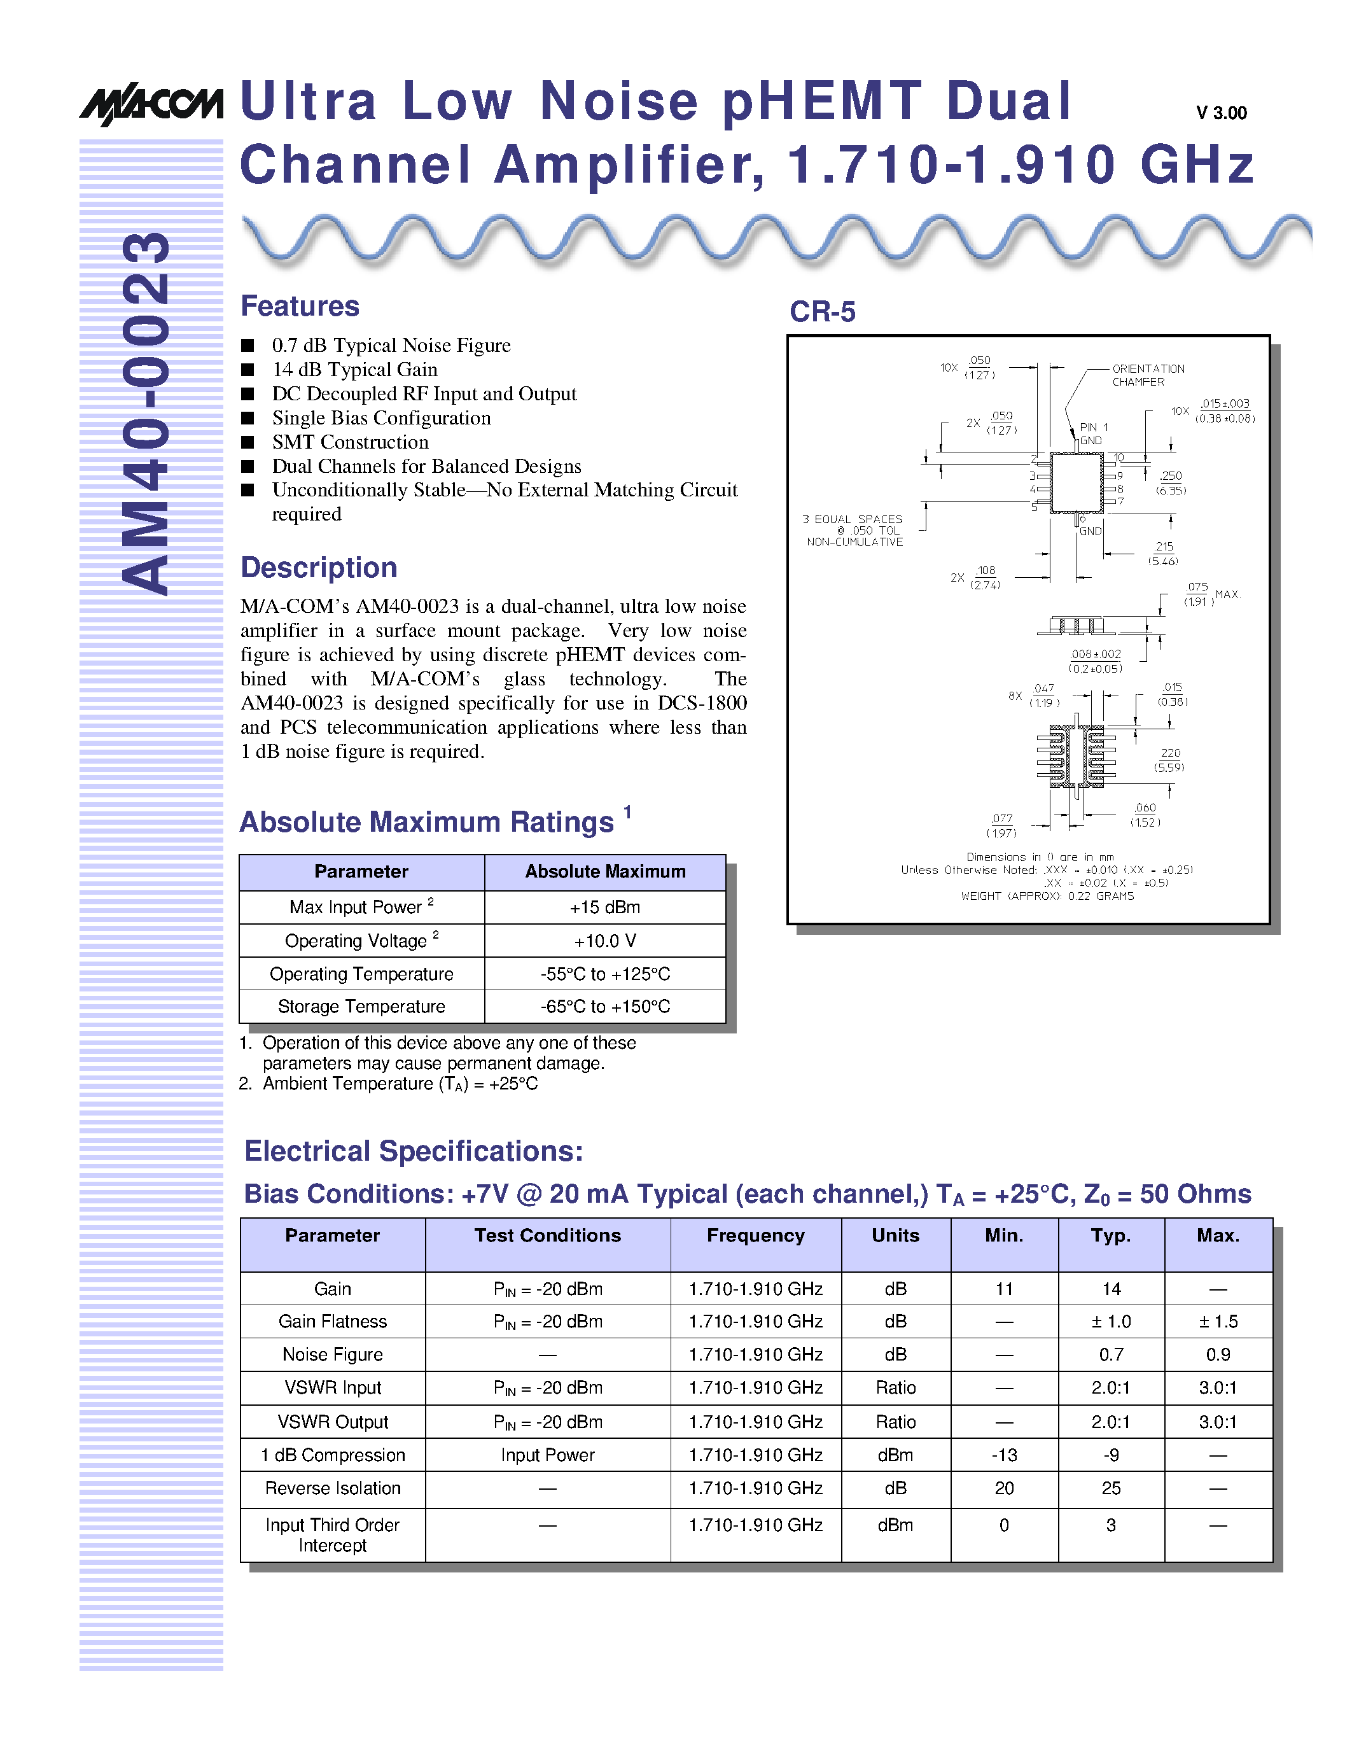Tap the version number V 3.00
(1221, 113)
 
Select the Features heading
(300, 306)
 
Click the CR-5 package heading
(822, 312)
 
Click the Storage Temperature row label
(361, 1007)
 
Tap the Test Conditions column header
(547, 1236)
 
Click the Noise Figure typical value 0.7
(1111, 1355)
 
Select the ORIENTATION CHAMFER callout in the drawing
(1147, 375)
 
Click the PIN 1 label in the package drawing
(1093, 427)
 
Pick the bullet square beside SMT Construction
(248, 442)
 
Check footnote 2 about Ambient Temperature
(389, 1084)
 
